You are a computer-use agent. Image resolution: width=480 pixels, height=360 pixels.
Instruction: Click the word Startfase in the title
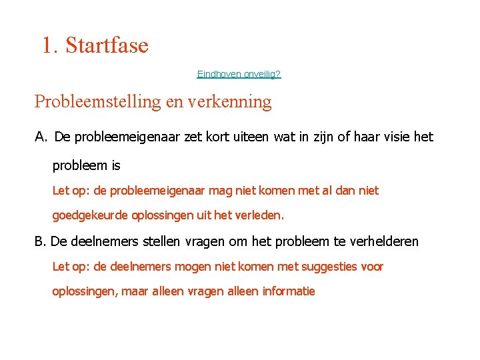click(107, 45)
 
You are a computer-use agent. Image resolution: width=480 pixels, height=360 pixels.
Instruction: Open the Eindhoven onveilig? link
click(239, 74)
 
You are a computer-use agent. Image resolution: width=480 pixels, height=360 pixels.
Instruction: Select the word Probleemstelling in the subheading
click(96, 102)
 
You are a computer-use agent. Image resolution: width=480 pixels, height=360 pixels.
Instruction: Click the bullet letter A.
click(41, 137)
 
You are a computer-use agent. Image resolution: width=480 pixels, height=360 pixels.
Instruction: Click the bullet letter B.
click(39, 241)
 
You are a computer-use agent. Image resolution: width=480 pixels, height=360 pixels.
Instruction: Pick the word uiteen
click(250, 137)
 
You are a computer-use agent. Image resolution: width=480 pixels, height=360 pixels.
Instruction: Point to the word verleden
click(261, 216)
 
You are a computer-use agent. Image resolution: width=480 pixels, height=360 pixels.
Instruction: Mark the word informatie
click(289, 291)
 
